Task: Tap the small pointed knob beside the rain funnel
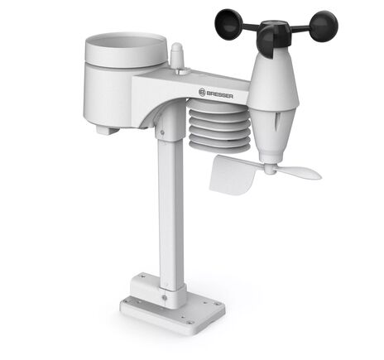176,56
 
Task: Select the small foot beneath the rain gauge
103,127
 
